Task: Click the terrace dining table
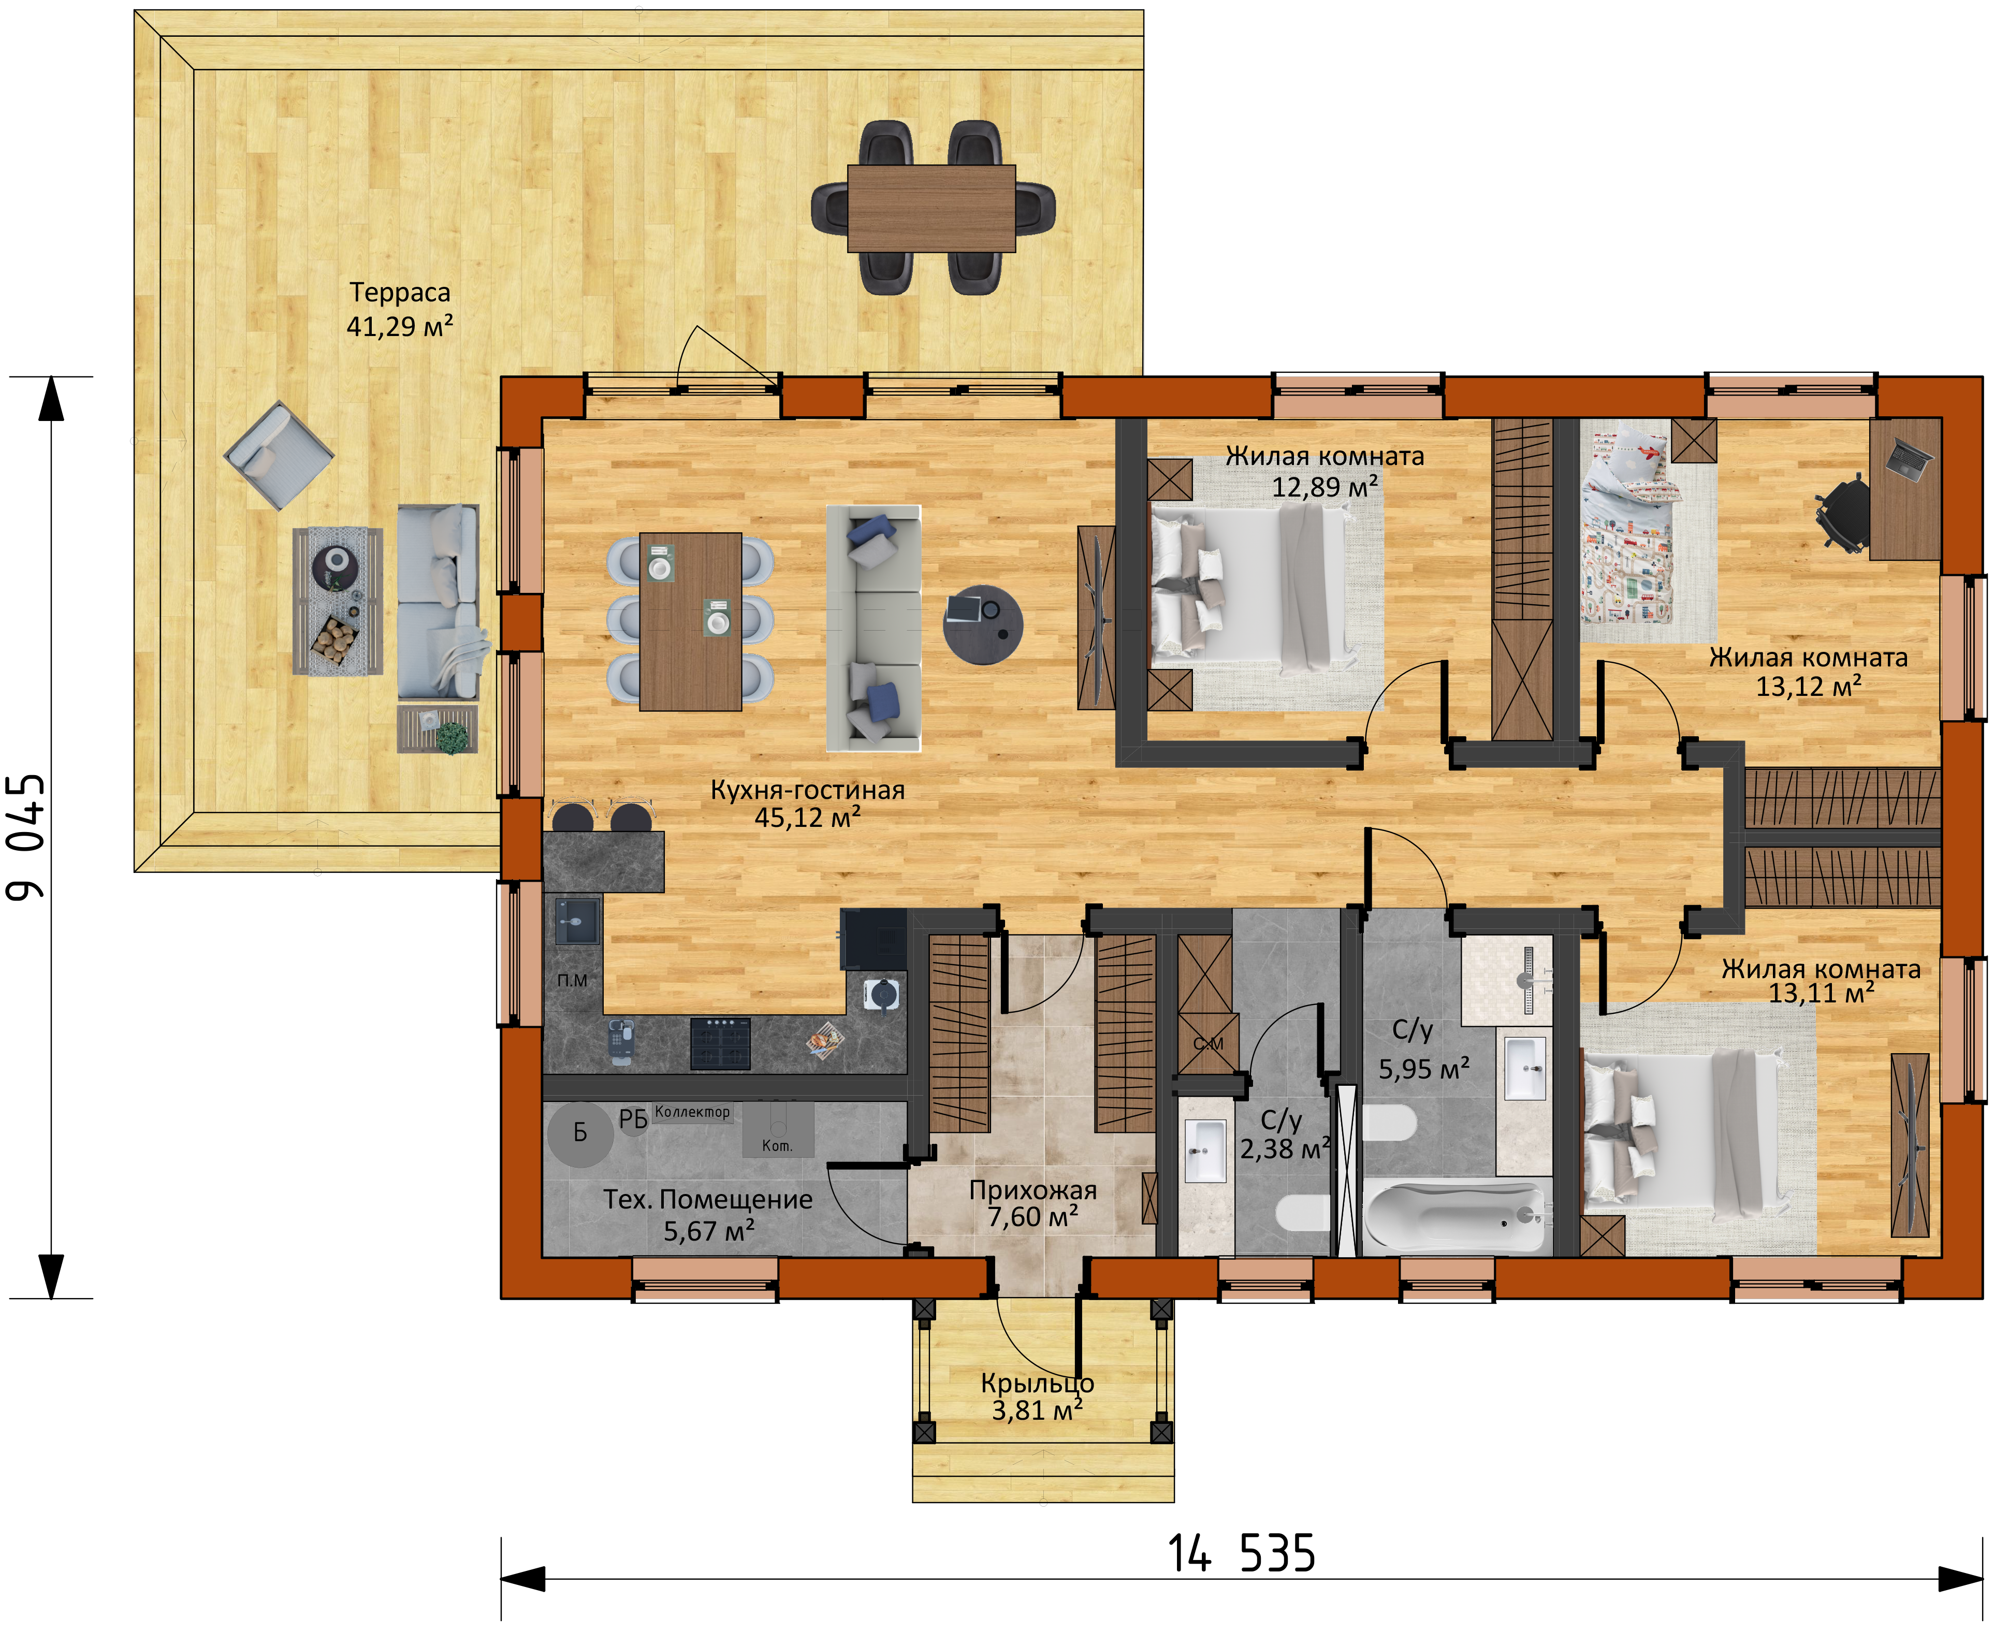click(931, 209)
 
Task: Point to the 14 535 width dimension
click(1241, 1554)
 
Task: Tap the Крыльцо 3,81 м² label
click(1037, 1396)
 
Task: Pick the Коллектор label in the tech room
click(692, 1111)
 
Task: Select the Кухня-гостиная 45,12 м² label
click(808, 803)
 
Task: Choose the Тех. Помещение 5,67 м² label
click(708, 1215)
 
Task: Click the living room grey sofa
click(874, 628)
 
